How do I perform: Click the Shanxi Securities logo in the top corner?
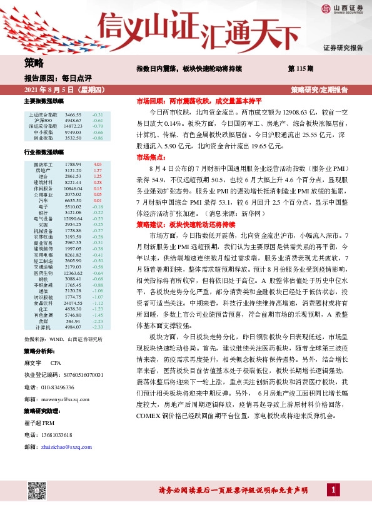click(343, 9)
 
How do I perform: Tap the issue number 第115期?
click(301, 67)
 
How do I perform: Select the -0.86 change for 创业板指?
click(97, 138)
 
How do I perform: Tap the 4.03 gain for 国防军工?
click(97, 163)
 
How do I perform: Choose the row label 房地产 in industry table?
click(43, 170)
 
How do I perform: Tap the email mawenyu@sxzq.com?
click(60, 397)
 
